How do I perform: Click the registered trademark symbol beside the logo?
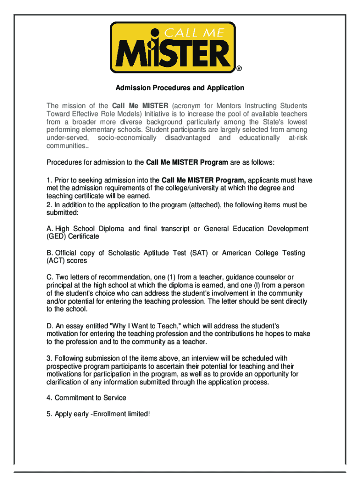[x=239, y=69]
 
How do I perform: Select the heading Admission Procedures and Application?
[x=180, y=88]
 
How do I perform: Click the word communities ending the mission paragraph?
[x=66, y=146]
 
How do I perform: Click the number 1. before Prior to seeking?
[x=49, y=180]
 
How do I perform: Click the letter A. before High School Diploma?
[x=50, y=229]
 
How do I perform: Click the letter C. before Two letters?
[x=50, y=277]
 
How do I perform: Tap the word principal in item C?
[x=60, y=285]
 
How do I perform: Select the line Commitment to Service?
[x=90, y=398]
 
